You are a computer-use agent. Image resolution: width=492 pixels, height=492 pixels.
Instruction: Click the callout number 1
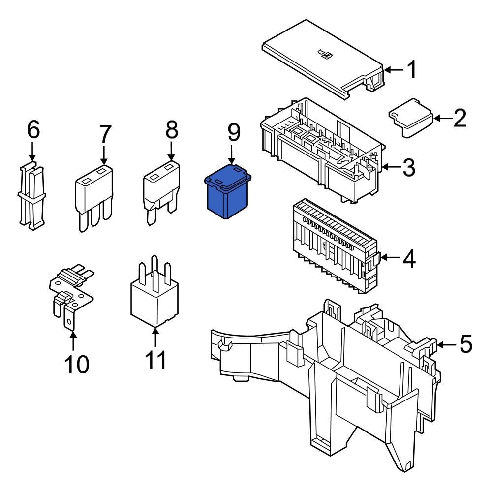point(411,70)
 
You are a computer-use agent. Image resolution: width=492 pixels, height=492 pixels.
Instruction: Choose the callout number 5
point(465,344)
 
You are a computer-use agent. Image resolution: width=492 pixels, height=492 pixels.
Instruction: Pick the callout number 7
point(105,134)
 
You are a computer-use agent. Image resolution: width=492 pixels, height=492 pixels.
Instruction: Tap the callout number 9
point(233,132)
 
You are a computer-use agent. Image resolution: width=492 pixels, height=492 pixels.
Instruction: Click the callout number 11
point(155,360)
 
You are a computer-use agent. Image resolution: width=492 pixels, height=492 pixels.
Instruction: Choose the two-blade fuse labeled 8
point(161,189)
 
